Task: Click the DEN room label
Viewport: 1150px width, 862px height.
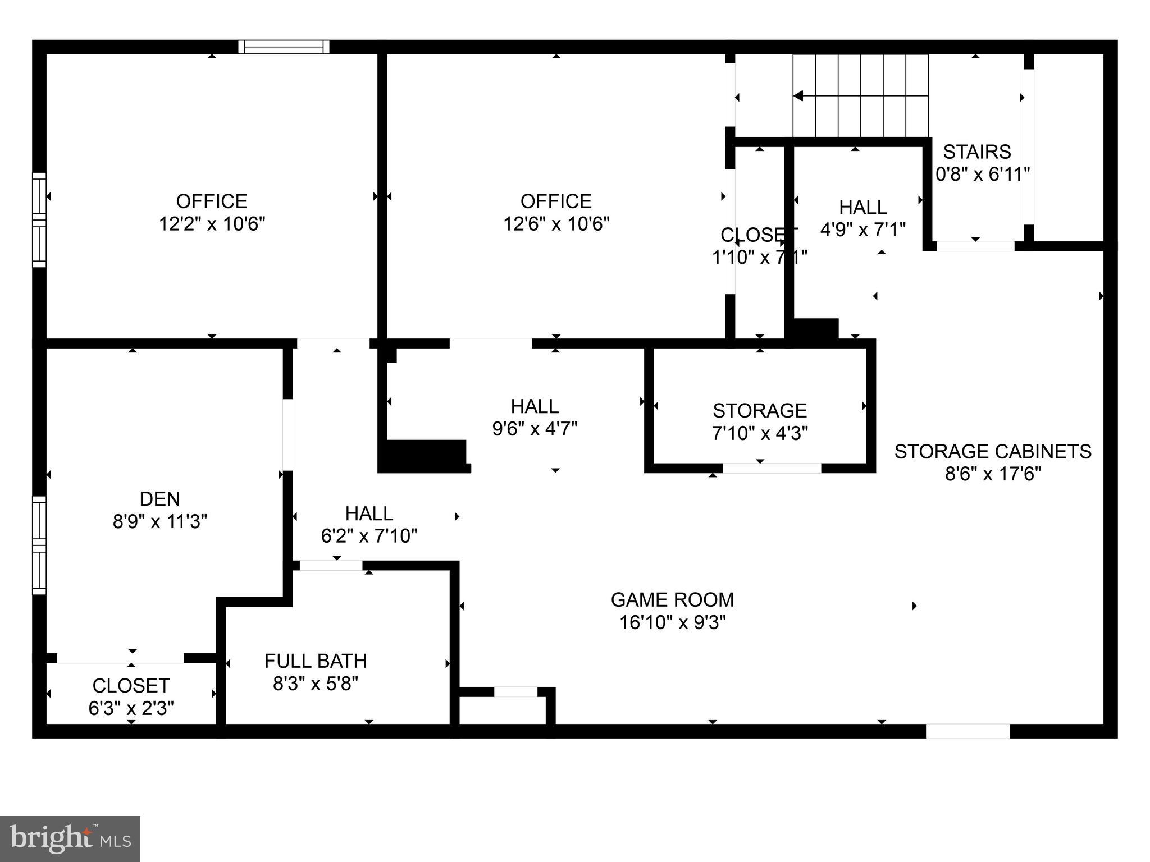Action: tap(159, 498)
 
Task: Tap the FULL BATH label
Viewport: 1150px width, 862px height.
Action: tap(316, 661)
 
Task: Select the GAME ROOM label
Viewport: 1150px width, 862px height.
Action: tap(672, 600)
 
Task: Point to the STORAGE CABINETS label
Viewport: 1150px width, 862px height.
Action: tap(993, 451)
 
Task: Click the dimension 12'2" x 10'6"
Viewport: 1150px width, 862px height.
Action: tap(212, 224)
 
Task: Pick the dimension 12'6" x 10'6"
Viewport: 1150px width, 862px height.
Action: tap(556, 224)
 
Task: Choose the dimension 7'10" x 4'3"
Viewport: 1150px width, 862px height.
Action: tap(760, 433)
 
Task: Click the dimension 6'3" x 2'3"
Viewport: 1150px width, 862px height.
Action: tap(131, 709)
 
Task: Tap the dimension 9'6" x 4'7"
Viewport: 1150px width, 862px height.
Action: tap(535, 429)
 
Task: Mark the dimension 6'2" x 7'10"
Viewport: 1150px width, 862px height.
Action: tap(369, 537)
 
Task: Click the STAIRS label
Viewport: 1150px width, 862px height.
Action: tap(977, 152)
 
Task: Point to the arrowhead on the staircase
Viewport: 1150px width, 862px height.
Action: tap(798, 97)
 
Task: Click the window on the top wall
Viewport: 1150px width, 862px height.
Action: tap(284, 47)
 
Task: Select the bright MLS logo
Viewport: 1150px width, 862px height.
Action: tap(70, 839)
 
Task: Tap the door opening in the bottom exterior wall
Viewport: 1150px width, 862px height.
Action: tap(968, 731)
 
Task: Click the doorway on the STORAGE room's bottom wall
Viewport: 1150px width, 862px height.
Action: tap(772, 468)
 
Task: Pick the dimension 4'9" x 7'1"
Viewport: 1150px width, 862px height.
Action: tap(863, 230)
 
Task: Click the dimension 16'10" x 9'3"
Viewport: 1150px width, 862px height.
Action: tap(672, 623)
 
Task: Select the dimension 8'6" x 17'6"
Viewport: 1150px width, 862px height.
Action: tap(993, 474)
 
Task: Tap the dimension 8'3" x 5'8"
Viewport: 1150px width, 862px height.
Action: tap(316, 684)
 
